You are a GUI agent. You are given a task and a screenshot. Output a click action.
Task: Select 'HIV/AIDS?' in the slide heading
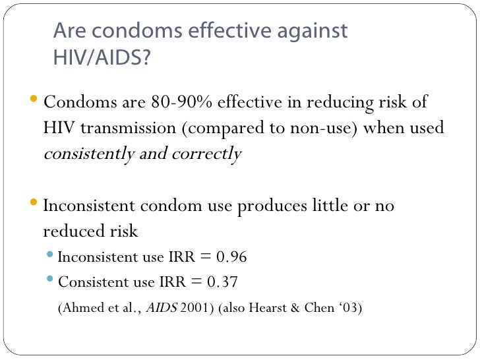coord(102,59)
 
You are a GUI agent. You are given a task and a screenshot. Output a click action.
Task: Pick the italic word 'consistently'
coord(86,154)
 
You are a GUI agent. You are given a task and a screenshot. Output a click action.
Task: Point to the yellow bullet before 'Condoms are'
coord(35,102)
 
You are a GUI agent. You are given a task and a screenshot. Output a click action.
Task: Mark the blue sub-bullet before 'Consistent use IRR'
coord(52,281)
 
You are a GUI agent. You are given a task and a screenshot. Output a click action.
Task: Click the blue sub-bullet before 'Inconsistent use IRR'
coord(52,256)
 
